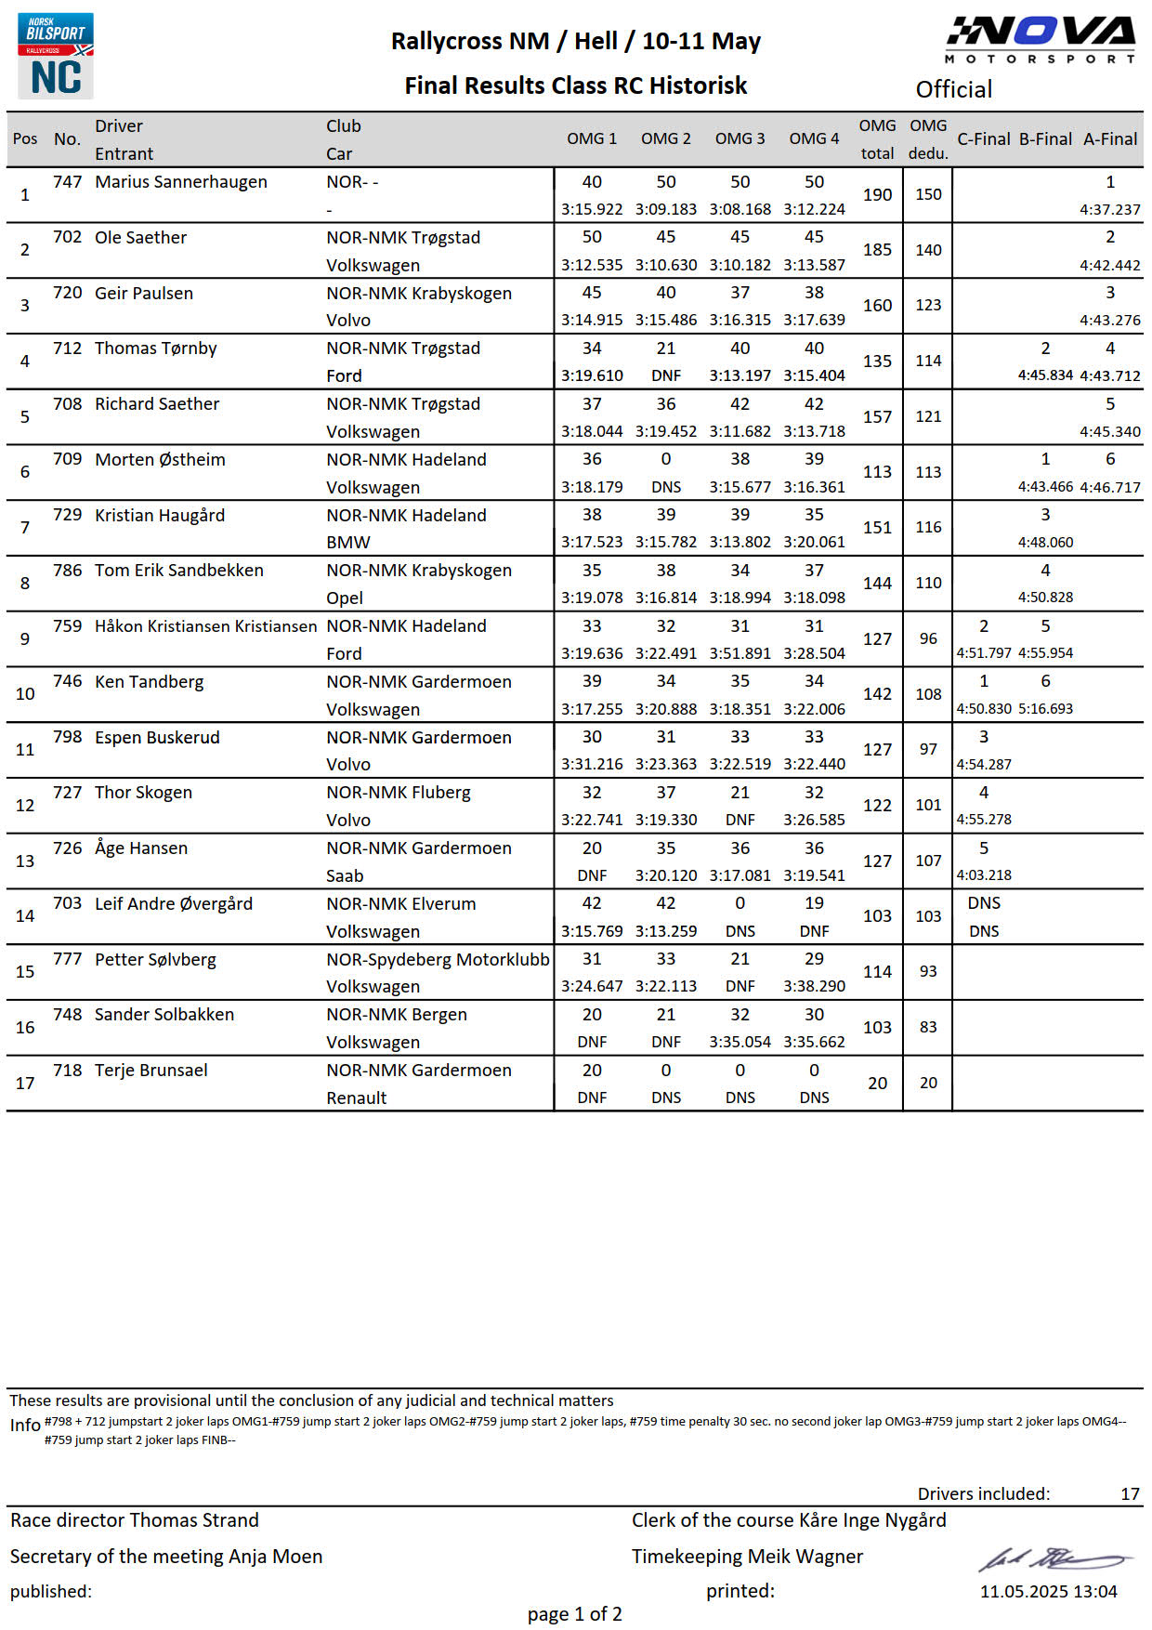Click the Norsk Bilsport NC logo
56,56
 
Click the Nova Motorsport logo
1040,40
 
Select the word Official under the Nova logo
953,89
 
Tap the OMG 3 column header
740,138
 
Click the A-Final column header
1109,138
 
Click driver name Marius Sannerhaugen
180,181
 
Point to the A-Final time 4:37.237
1109,209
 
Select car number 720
68,293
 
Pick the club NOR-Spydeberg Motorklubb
437,959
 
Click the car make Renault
356,1098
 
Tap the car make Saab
344,875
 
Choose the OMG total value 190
877,194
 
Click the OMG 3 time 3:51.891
740,653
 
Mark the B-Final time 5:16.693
1045,708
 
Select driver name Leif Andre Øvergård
173,903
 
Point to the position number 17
25,1083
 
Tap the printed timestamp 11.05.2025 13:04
1048,1591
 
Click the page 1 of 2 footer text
574,1614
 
